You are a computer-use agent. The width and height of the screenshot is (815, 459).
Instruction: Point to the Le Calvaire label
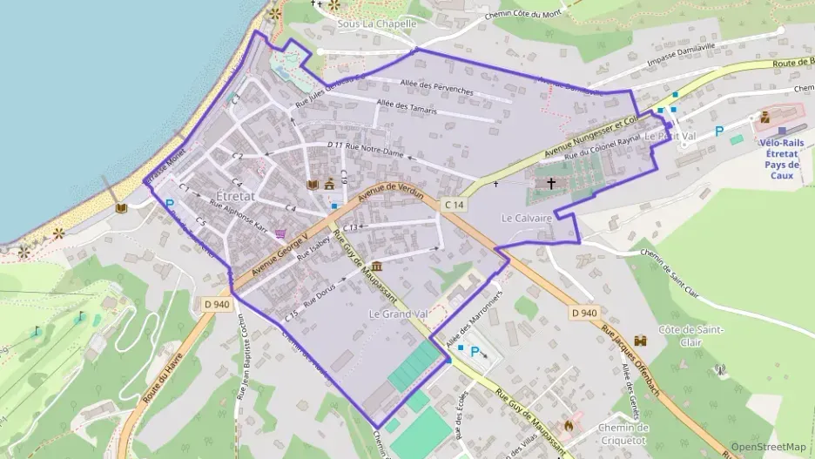[528, 218]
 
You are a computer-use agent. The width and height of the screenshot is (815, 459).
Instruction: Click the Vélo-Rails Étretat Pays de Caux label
[781, 158]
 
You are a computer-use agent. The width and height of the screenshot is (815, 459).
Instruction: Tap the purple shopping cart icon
[281, 233]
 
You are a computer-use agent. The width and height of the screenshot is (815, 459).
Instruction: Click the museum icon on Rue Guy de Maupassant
[376, 266]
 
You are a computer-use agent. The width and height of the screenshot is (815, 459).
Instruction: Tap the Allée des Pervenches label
[436, 90]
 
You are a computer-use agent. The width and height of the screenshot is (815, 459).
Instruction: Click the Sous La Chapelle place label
[376, 24]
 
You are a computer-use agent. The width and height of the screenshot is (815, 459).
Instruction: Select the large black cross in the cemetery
[551, 184]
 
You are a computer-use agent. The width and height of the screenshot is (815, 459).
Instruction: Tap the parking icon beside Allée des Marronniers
[475, 352]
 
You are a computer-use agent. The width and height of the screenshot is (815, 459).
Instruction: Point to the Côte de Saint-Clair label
[686, 335]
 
